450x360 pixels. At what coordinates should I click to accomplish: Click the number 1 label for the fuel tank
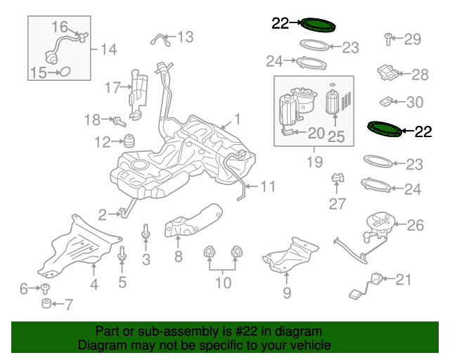pyautogui.click(x=238, y=119)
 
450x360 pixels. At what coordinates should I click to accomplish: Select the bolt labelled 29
pyautogui.click(x=387, y=39)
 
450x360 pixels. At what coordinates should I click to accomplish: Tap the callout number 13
pyautogui.click(x=184, y=37)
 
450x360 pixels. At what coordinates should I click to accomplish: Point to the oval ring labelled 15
pyautogui.click(x=63, y=71)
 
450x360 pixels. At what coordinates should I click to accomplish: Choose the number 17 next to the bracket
pyautogui.click(x=113, y=88)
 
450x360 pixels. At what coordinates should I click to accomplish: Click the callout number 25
pyautogui.click(x=336, y=136)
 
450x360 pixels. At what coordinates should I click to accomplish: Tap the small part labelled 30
pyautogui.click(x=386, y=101)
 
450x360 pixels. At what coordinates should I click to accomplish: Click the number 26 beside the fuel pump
pyautogui.click(x=416, y=225)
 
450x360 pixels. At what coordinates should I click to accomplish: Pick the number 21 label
pyautogui.click(x=403, y=280)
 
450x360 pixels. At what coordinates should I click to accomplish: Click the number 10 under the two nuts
pyautogui.click(x=223, y=283)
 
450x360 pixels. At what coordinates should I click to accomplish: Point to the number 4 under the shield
pyautogui.click(x=94, y=284)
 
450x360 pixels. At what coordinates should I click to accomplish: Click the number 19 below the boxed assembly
pyautogui.click(x=314, y=162)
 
